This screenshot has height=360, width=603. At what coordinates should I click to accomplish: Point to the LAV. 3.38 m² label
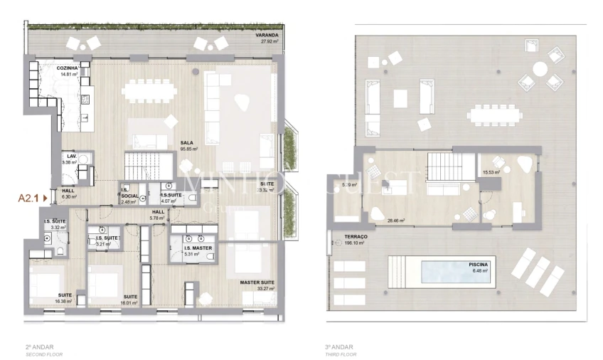(x=70, y=159)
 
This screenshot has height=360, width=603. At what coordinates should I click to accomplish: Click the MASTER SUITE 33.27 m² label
(x=257, y=286)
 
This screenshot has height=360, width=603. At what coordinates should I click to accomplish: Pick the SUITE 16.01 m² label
(x=129, y=299)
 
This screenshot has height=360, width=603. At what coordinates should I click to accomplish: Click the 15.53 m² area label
(x=491, y=172)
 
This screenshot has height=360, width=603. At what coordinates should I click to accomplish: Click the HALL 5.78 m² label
(x=159, y=214)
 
